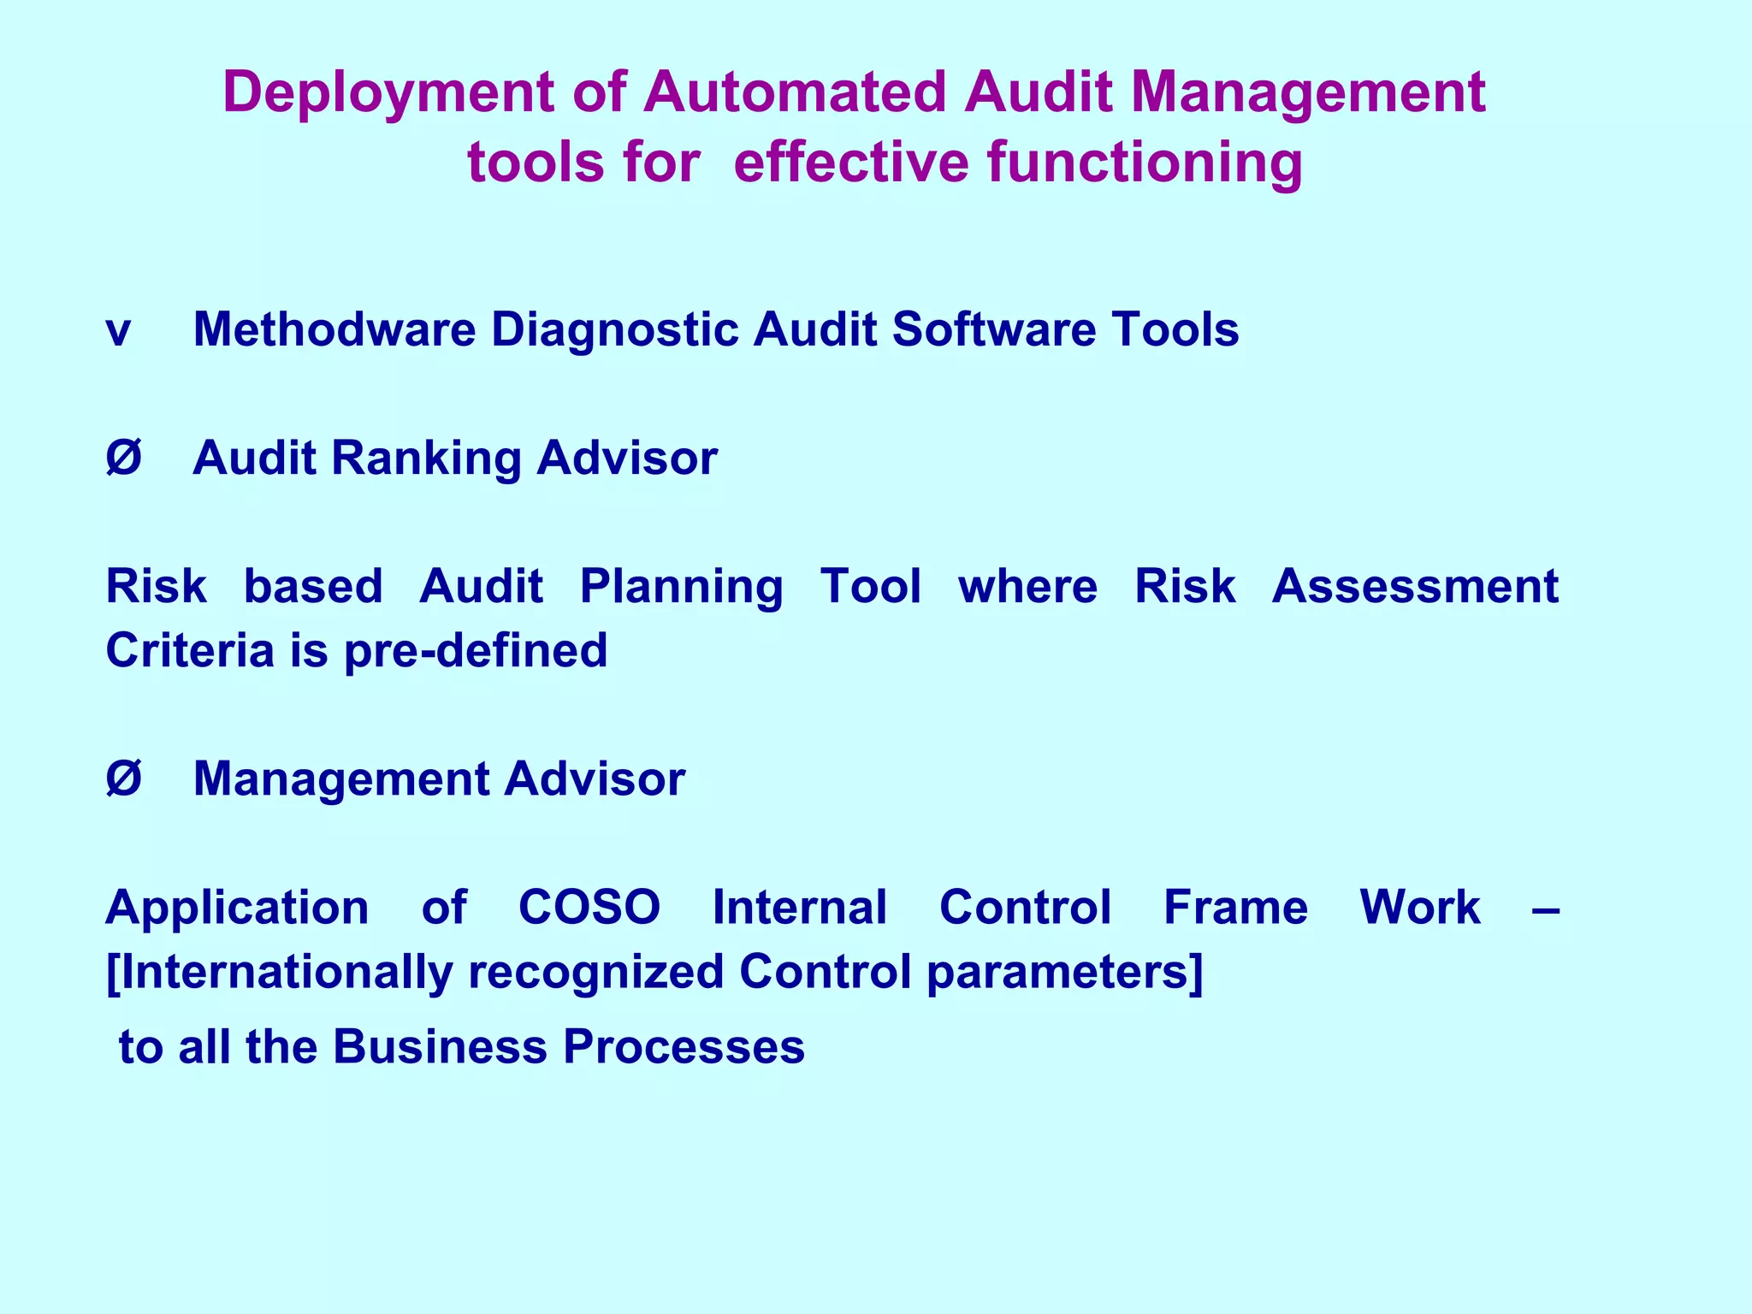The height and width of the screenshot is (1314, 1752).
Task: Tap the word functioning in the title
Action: click(1145, 163)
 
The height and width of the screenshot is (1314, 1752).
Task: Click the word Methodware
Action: click(334, 329)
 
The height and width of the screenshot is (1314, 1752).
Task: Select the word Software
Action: click(993, 329)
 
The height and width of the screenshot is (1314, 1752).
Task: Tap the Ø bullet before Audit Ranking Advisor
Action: click(123, 458)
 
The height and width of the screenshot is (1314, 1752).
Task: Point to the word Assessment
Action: click(1415, 587)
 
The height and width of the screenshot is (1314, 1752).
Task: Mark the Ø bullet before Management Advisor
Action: click(123, 779)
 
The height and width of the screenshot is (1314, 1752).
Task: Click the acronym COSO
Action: click(589, 907)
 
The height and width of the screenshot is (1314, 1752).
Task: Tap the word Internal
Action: click(800, 907)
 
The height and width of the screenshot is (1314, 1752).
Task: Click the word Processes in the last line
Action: click(684, 1047)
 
